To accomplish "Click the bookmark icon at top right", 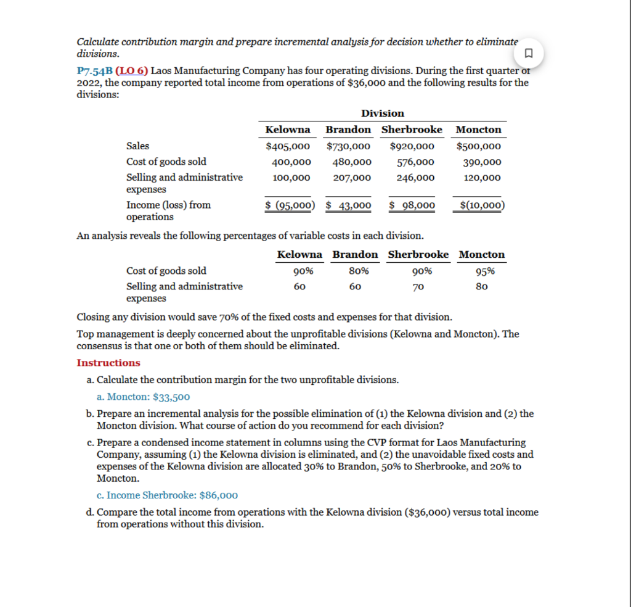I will [527, 52].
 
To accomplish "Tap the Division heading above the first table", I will [382, 113].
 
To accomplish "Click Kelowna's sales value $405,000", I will [287, 146].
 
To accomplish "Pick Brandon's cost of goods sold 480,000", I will [352, 162].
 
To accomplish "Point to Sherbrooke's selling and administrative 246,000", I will [415, 178].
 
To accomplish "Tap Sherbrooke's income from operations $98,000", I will [412, 205].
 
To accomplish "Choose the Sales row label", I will [137, 146].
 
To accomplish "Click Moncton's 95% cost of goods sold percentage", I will [485, 271].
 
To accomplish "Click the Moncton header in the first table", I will [478, 130].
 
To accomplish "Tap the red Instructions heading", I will [108, 363].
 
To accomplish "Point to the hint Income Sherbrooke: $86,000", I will [172, 495].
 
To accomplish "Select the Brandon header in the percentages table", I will [355, 254].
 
